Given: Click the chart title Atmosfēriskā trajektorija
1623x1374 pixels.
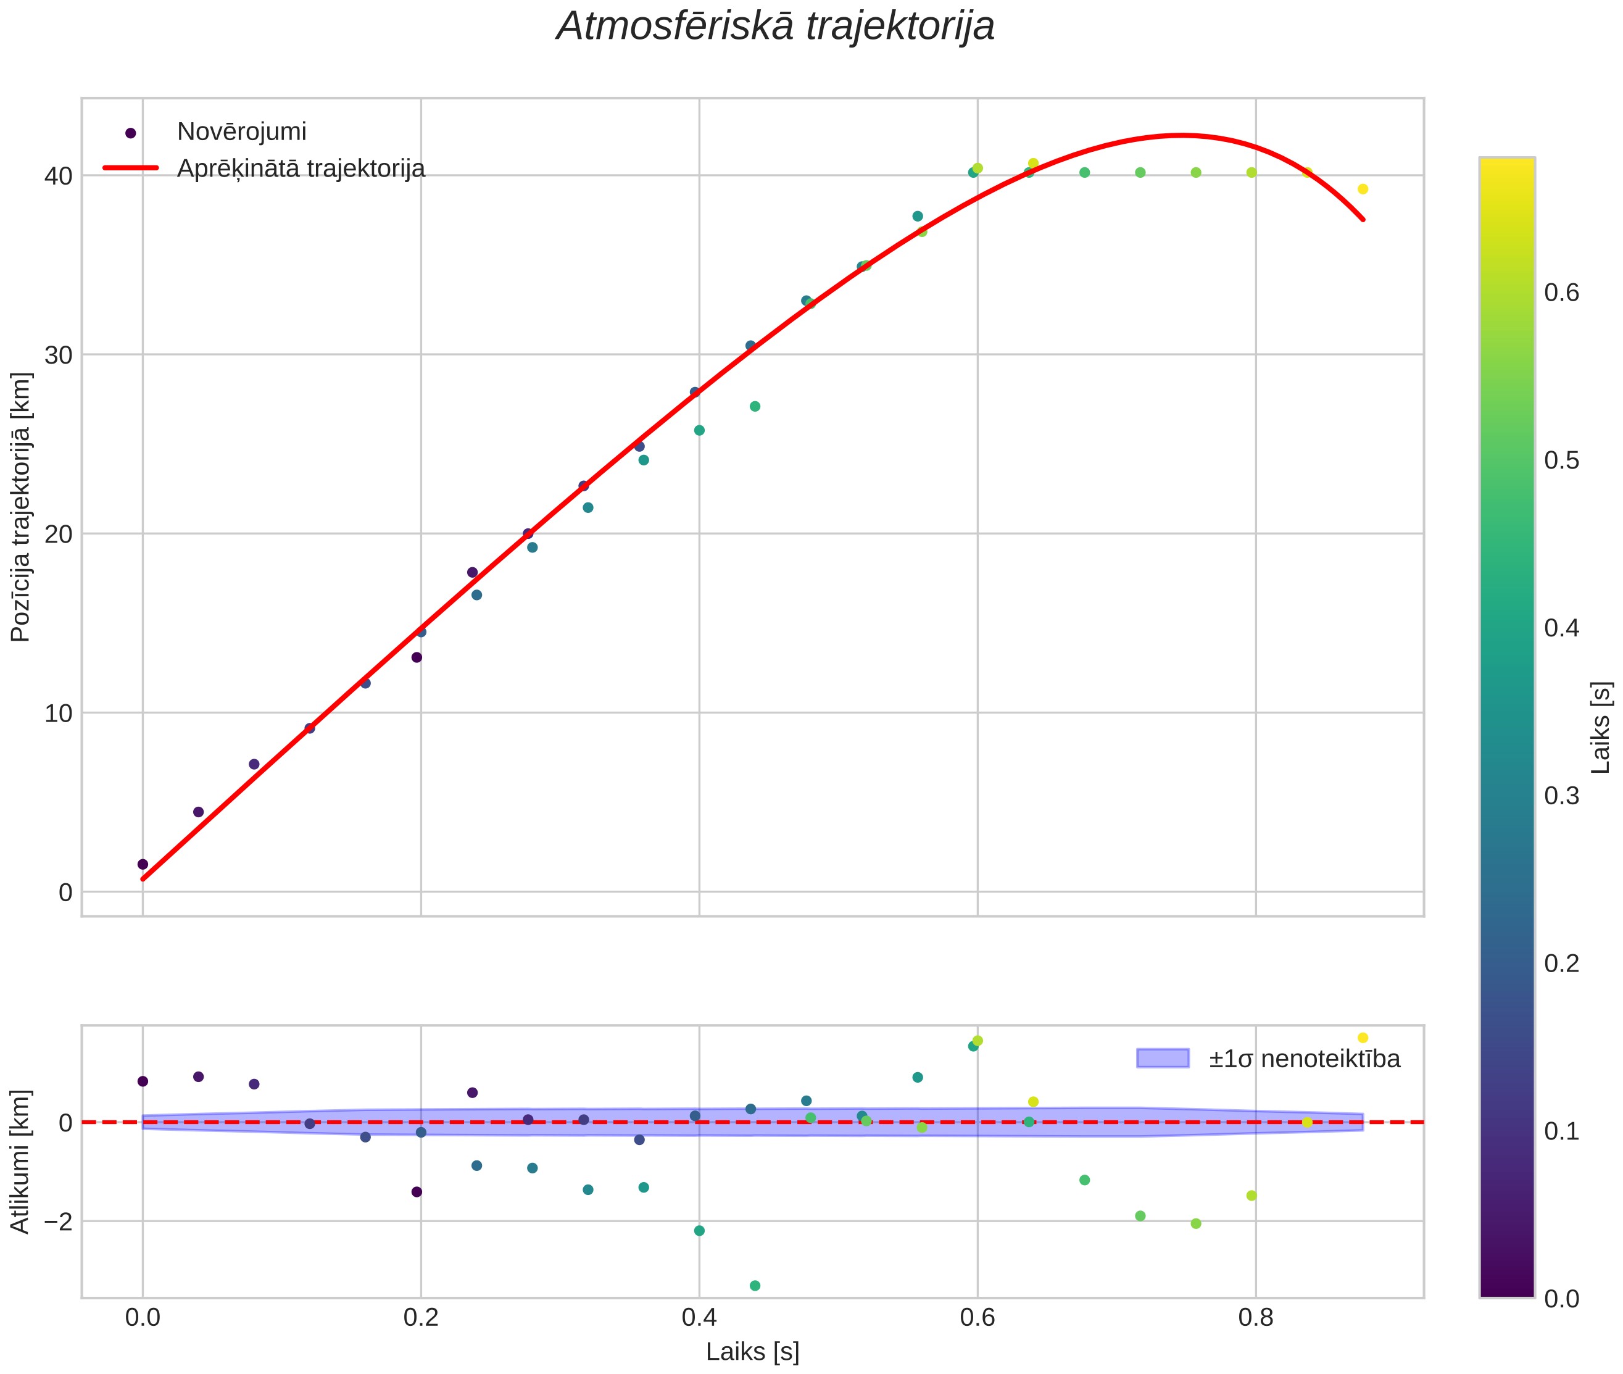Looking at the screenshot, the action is click(775, 27).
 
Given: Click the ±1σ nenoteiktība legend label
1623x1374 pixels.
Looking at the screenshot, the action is click(1305, 1059).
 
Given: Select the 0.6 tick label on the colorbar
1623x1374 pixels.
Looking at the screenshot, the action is click(1561, 293).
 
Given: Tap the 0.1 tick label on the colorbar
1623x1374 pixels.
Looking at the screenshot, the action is click(1561, 1131).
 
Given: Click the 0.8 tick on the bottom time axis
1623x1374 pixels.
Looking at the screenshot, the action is click(1255, 1318).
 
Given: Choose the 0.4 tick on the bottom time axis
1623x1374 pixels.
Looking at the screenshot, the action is click(699, 1318).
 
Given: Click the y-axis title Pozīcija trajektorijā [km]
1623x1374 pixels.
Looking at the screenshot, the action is click(21, 507).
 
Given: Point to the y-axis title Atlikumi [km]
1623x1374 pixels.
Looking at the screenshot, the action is click(21, 1162).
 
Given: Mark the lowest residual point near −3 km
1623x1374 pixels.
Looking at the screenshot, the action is click(755, 1285).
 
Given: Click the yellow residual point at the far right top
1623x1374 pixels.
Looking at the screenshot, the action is click(1363, 1038).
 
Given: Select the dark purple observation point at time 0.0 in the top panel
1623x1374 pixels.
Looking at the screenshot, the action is click(143, 864).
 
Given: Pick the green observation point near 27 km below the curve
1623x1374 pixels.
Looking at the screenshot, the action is click(755, 406).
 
